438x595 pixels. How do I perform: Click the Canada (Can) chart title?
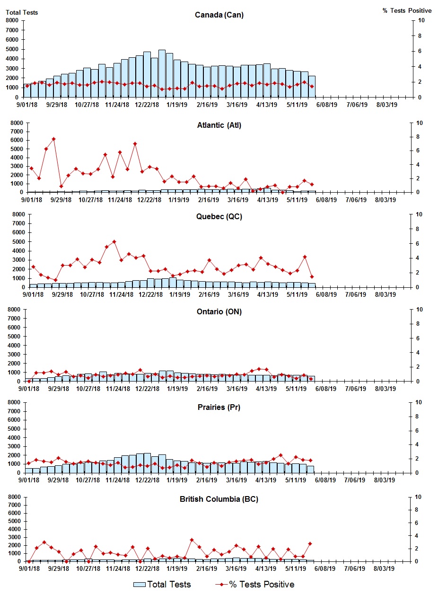pos(219,15)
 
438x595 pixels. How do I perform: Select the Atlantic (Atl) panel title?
pos(219,125)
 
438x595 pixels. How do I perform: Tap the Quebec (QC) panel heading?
pos(219,217)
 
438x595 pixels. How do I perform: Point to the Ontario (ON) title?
pos(219,312)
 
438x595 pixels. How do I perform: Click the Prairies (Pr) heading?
pos(219,407)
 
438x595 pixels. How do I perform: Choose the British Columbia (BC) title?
pos(219,499)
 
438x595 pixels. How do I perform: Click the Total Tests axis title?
pos(22,12)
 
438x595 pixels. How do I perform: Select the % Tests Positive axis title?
pos(407,10)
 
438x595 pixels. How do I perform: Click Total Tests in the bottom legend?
pos(162,585)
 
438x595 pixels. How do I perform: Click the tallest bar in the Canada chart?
pos(162,73)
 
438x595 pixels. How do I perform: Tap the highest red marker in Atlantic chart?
pos(53,139)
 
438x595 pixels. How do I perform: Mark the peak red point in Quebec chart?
pos(114,242)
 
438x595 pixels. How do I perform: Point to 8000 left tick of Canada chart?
pos(12,20)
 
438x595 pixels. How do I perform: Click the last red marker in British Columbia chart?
pos(310,543)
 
